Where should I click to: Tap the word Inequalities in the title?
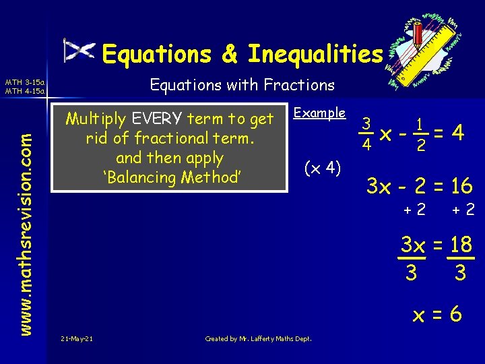tap(315, 53)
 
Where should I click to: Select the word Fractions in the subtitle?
tap(304, 85)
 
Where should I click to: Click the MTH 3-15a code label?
tap(24, 82)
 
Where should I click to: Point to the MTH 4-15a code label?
tap(24, 91)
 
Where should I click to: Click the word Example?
tap(321, 113)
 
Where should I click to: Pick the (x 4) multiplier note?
tap(323, 166)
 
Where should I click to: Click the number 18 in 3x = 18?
tap(461, 245)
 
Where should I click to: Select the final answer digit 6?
tap(455, 313)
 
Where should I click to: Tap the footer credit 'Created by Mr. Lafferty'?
tap(258, 338)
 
